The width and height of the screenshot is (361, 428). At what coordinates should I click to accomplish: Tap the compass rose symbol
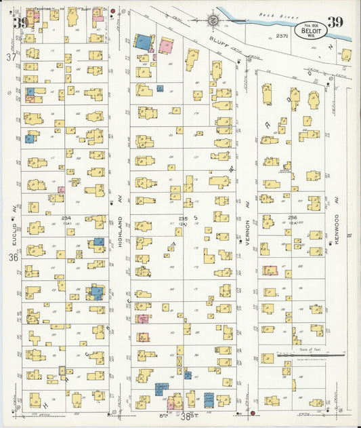213,20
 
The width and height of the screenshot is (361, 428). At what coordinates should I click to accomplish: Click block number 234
67,218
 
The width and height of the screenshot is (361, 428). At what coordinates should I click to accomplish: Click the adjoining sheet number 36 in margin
12,258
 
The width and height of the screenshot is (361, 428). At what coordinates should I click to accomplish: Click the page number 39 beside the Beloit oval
335,22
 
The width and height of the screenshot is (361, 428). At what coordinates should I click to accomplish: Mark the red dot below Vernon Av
253,412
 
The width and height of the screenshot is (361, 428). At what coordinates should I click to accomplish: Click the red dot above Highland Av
112,12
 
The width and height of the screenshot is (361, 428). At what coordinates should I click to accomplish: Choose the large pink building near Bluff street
166,45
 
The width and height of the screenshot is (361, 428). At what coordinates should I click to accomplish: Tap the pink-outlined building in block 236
271,270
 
